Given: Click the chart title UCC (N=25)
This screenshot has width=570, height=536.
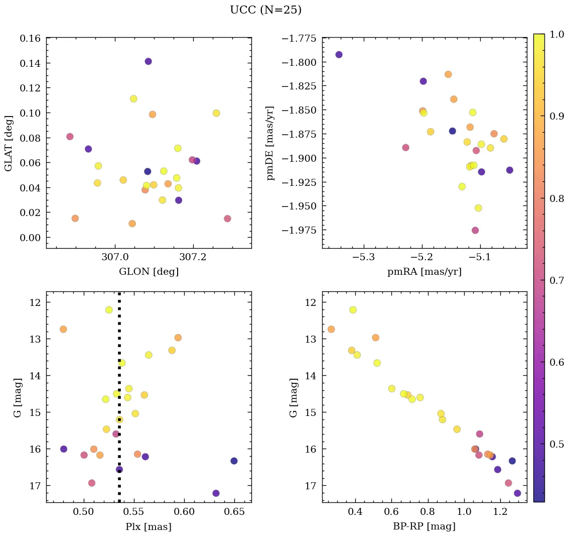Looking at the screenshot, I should click(265, 10).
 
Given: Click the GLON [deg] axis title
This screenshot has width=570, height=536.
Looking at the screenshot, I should click(149, 272).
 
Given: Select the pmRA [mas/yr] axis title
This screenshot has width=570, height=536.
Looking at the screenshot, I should click(424, 272).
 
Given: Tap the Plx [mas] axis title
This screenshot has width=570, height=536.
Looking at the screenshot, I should click(149, 526).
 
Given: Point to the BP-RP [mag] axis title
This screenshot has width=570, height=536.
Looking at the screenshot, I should click(424, 526).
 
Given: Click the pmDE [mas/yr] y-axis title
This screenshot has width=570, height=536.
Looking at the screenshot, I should click(270, 143).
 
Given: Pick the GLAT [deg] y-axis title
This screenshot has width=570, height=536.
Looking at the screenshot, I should click(9, 143).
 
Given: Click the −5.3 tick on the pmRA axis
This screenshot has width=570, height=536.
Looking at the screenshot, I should click(365, 257).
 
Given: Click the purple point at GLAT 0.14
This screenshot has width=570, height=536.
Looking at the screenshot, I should click(148, 61).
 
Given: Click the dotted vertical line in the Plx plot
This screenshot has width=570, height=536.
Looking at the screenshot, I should click(119, 382).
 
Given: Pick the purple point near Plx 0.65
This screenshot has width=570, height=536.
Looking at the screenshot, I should click(234, 461).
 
